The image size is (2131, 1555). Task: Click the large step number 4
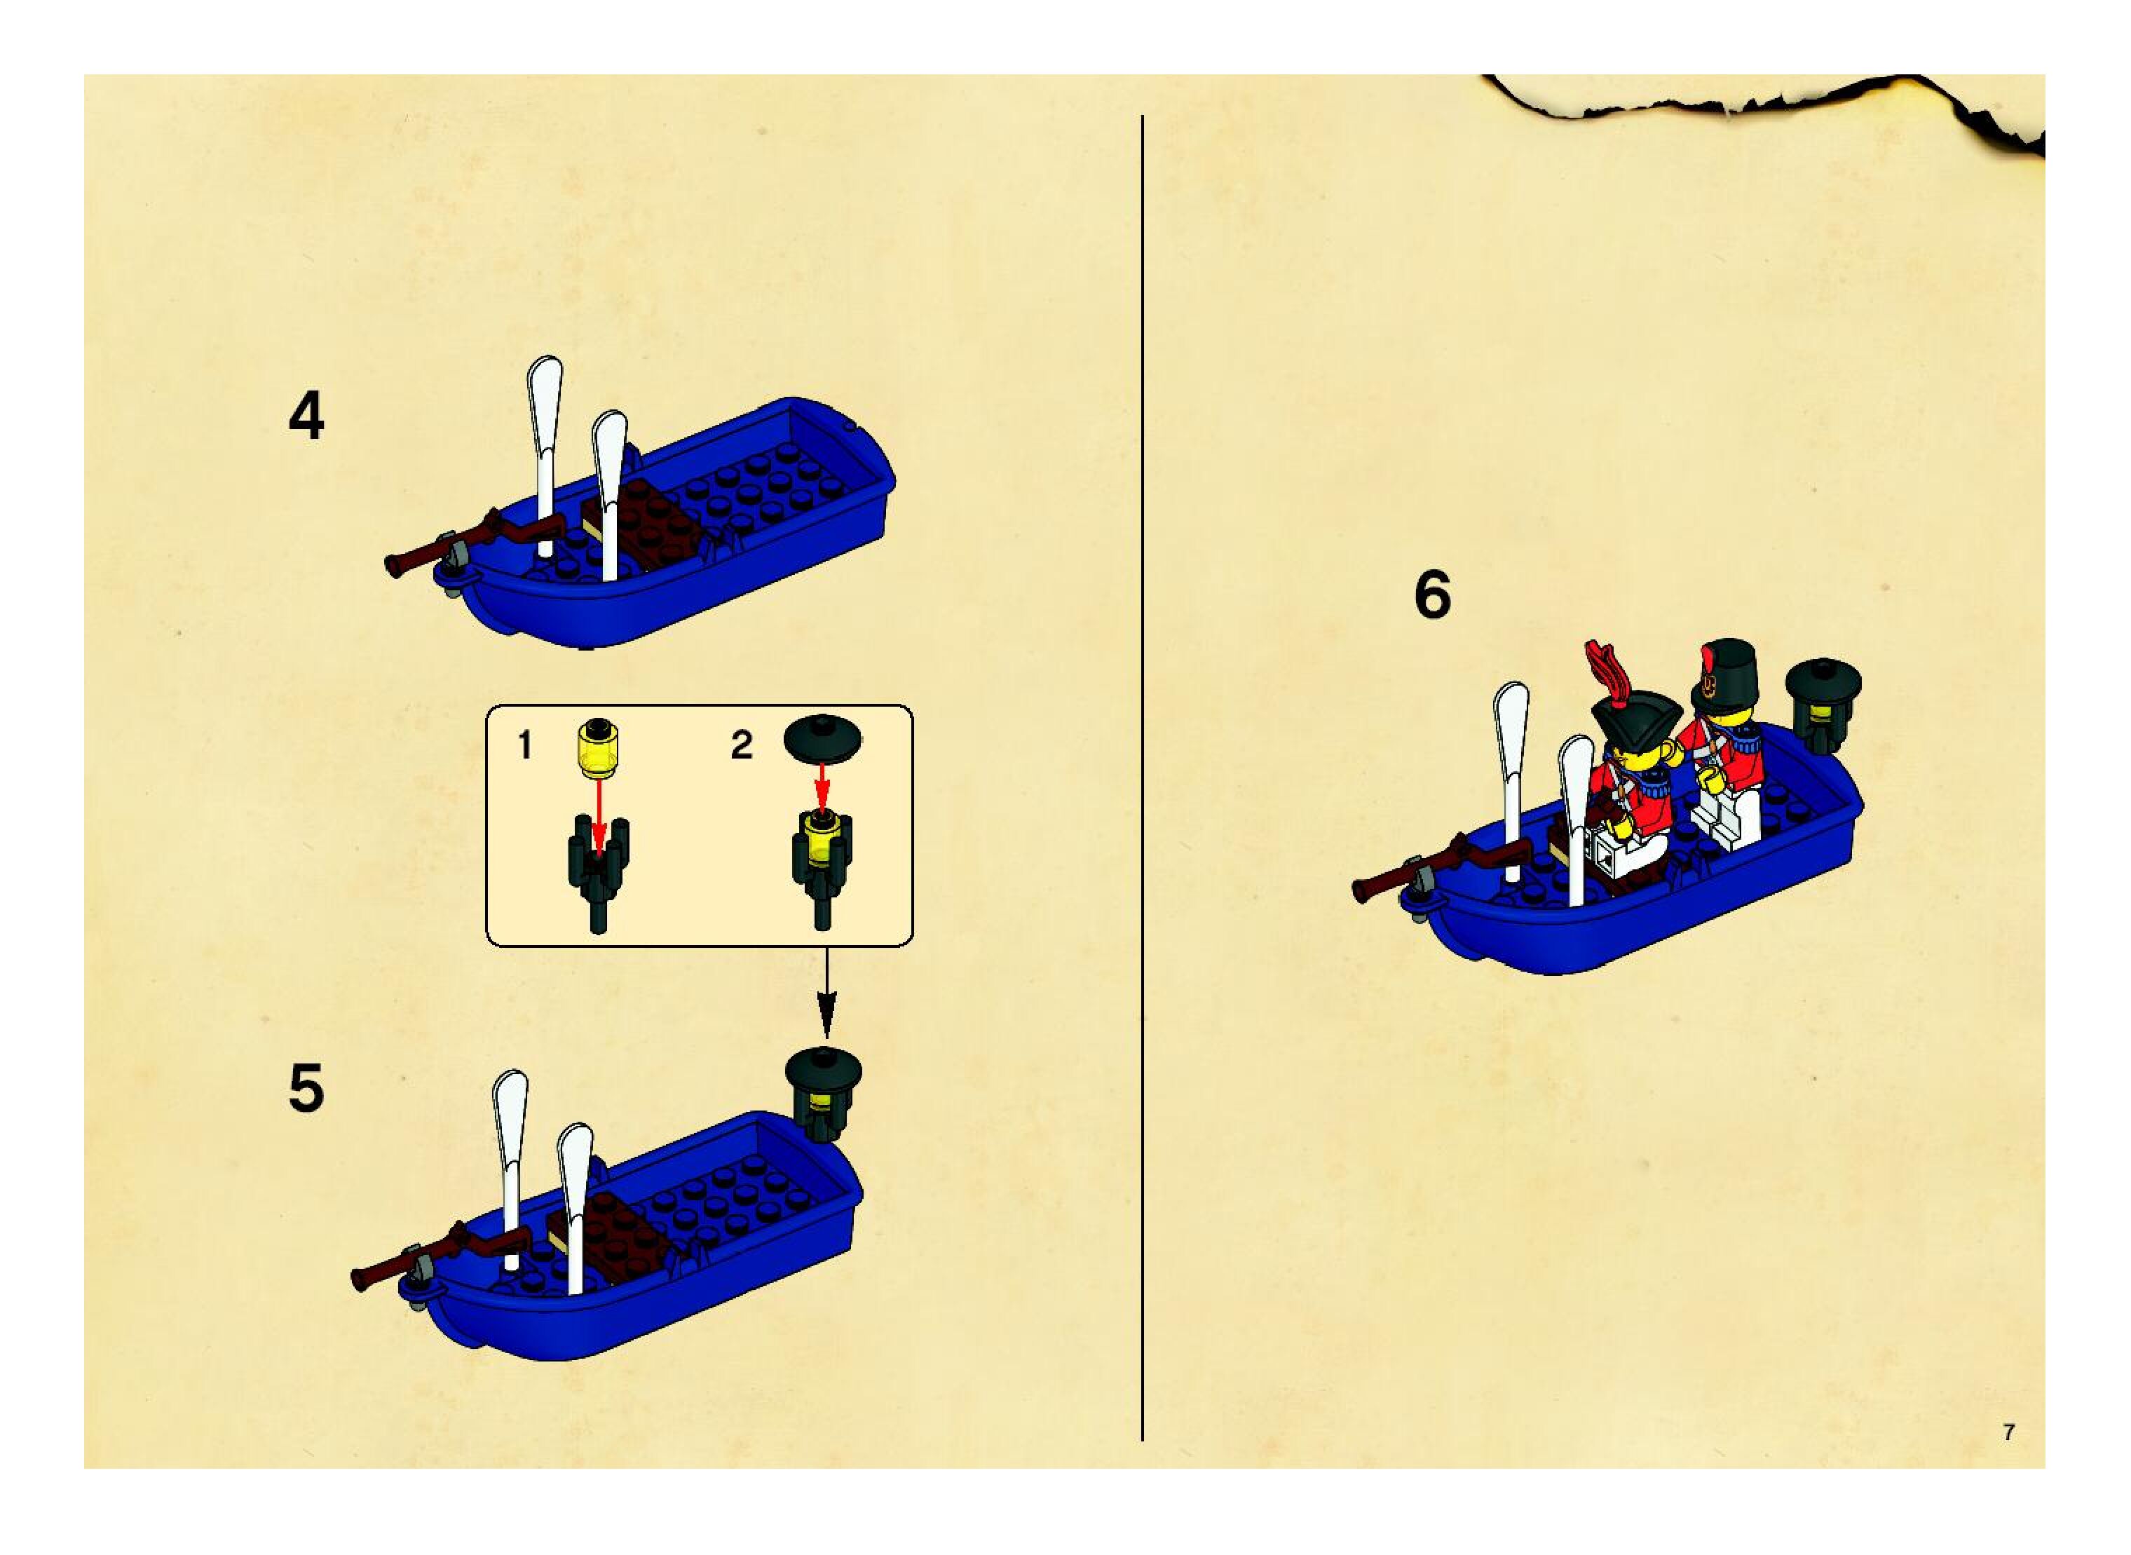(x=306, y=417)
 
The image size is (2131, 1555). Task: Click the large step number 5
(x=306, y=1089)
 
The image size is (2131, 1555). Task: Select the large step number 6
(x=1431, y=595)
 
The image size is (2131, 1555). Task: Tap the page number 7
(x=2008, y=1432)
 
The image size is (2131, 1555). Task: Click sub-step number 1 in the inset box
(x=525, y=745)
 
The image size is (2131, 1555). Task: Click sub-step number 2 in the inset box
(x=742, y=745)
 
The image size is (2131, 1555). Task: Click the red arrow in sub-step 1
(x=599, y=810)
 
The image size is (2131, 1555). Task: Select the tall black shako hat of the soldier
(x=1719, y=674)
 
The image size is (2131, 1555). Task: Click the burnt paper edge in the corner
(x=1788, y=104)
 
